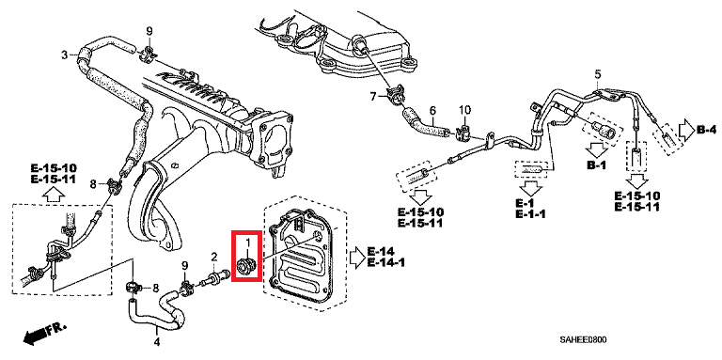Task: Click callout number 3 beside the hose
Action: tap(65, 55)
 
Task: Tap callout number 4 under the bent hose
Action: tap(157, 342)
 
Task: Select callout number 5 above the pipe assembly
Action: tap(598, 73)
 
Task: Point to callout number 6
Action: tap(432, 111)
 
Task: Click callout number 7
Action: tap(373, 96)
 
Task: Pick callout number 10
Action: tap(465, 110)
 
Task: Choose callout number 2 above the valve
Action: tap(214, 256)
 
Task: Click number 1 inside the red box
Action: tap(247, 243)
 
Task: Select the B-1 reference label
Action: tap(597, 165)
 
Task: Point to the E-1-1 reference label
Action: tap(530, 213)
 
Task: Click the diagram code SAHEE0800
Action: tap(583, 339)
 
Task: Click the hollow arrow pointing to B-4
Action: tap(685, 131)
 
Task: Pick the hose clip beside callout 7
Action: tap(397, 95)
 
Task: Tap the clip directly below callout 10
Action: tap(462, 131)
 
